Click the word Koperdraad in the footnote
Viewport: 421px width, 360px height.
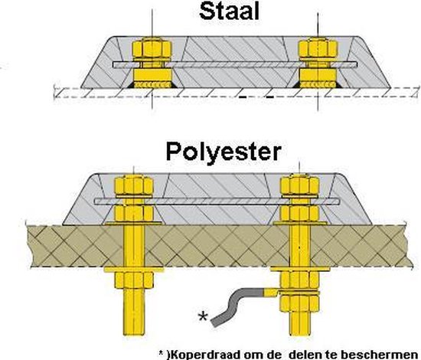pos(204,353)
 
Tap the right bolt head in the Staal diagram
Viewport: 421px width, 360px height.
pos(315,47)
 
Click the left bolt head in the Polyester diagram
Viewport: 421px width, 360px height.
pos(131,185)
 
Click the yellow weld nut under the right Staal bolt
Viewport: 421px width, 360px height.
pos(315,79)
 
